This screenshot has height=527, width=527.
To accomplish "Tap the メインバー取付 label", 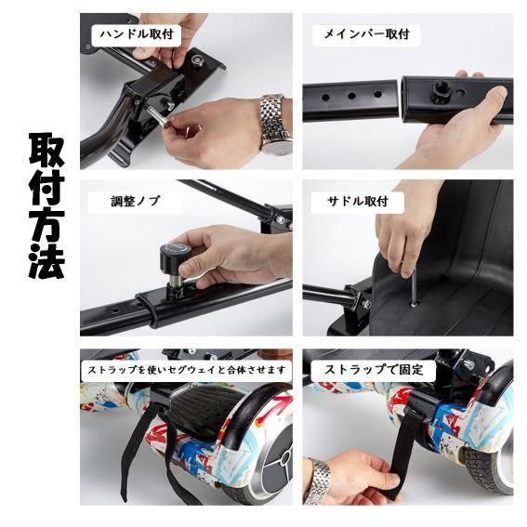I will [x=365, y=34].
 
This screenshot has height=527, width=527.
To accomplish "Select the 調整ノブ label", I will [x=135, y=201].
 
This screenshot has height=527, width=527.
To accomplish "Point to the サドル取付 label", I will [x=357, y=201].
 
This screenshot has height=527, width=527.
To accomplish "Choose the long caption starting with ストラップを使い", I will [x=187, y=370].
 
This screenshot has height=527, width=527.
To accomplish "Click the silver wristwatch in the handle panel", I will [x=275, y=122].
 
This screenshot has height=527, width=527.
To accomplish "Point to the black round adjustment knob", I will [x=176, y=258].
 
